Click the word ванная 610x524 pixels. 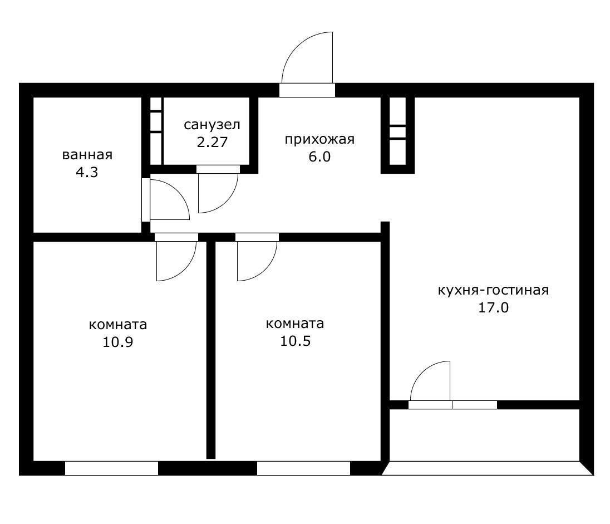87,155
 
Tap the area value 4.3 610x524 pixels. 87,172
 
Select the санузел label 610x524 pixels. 212,124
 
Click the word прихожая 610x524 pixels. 319,139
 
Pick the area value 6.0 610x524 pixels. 319,156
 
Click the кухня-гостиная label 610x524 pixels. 493,290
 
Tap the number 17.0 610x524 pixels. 493,307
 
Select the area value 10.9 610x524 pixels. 117,341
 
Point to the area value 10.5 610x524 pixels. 295,341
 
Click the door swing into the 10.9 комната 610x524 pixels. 175,259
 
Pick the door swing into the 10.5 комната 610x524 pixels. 255,259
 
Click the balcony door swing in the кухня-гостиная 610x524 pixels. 431,381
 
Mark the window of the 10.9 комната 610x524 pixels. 111,468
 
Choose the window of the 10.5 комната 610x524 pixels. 303,468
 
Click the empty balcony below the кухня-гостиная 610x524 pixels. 484,435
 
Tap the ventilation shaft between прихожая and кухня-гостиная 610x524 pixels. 397,134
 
